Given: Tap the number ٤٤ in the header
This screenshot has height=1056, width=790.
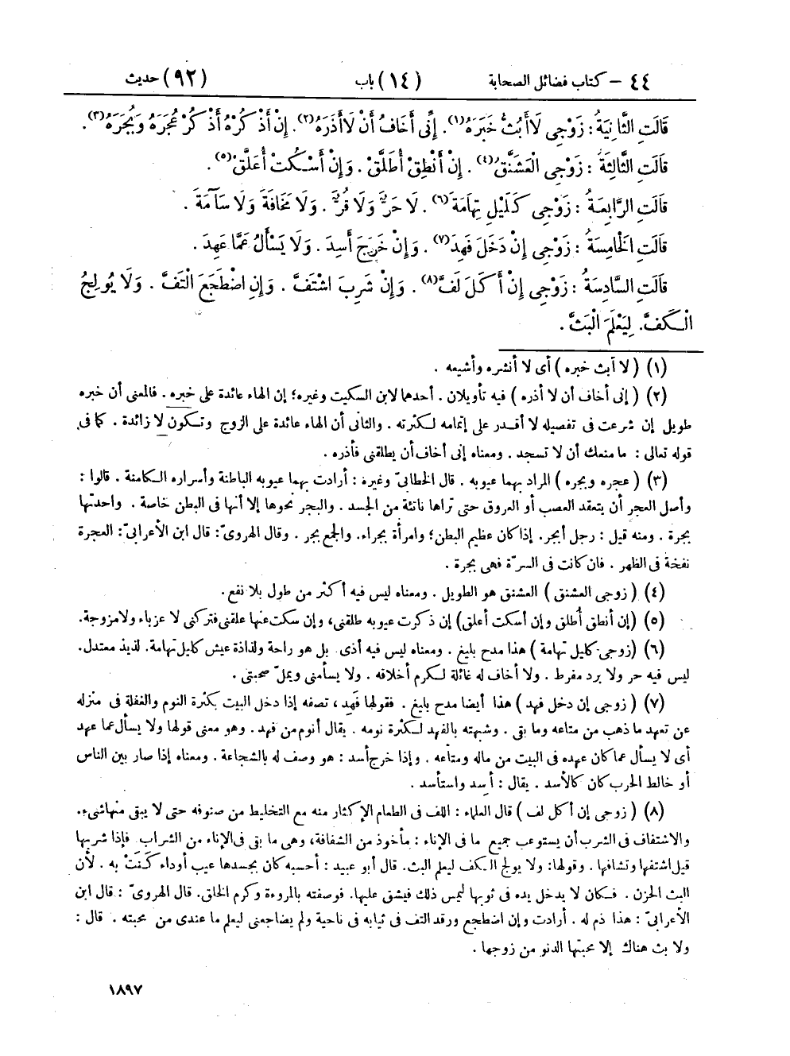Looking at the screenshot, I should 656,80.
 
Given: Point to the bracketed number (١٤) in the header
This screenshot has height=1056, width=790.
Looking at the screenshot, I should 401,80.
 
